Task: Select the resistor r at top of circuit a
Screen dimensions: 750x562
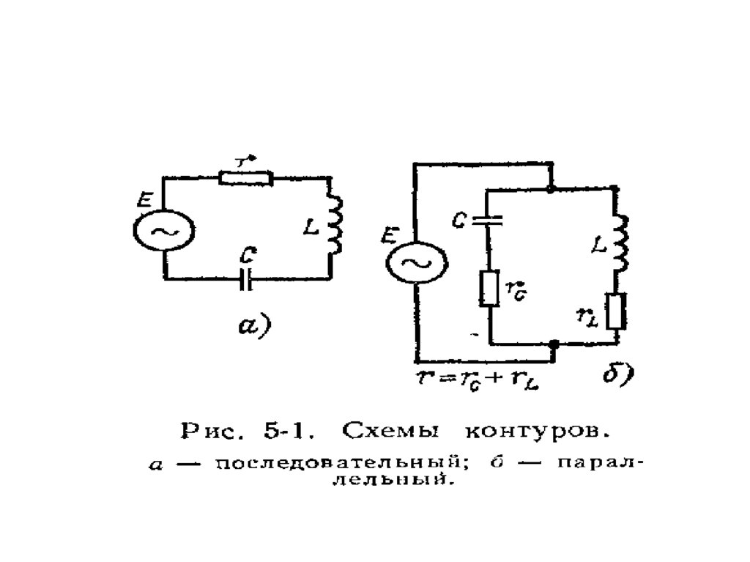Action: pyautogui.click(x=245, y=177)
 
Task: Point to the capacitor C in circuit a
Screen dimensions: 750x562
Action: pyautogui.click(x=247, y=278)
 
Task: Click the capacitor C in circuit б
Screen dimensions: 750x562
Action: pyautogui.click(x=488, y=218)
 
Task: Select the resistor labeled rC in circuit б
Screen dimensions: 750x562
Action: pyautogui.click(x=488, y=288)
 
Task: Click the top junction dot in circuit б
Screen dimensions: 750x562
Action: pyautogui.click(x=551, y=188)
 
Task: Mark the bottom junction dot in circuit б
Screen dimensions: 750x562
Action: pyautogui.click(x=554, y=343)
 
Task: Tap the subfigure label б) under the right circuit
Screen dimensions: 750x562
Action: pyautogui.click(x=617, y=376)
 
